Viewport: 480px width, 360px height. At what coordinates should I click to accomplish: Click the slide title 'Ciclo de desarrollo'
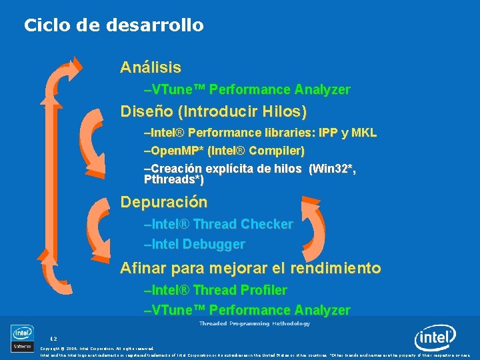pos(113,26)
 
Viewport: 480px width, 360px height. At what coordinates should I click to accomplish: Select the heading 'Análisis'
pos(150,67)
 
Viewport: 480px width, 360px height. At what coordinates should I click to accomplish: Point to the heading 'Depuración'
pos(163,202)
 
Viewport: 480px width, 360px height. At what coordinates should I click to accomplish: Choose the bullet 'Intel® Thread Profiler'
pos(215,290)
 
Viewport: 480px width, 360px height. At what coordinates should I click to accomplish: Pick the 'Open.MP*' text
pos(175,151)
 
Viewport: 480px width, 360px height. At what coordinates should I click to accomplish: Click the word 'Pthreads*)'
pos(173,180)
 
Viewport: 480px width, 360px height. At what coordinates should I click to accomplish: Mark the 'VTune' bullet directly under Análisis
pos(247,89)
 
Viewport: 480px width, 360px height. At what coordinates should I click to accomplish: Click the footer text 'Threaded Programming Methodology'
pos(254,323)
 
